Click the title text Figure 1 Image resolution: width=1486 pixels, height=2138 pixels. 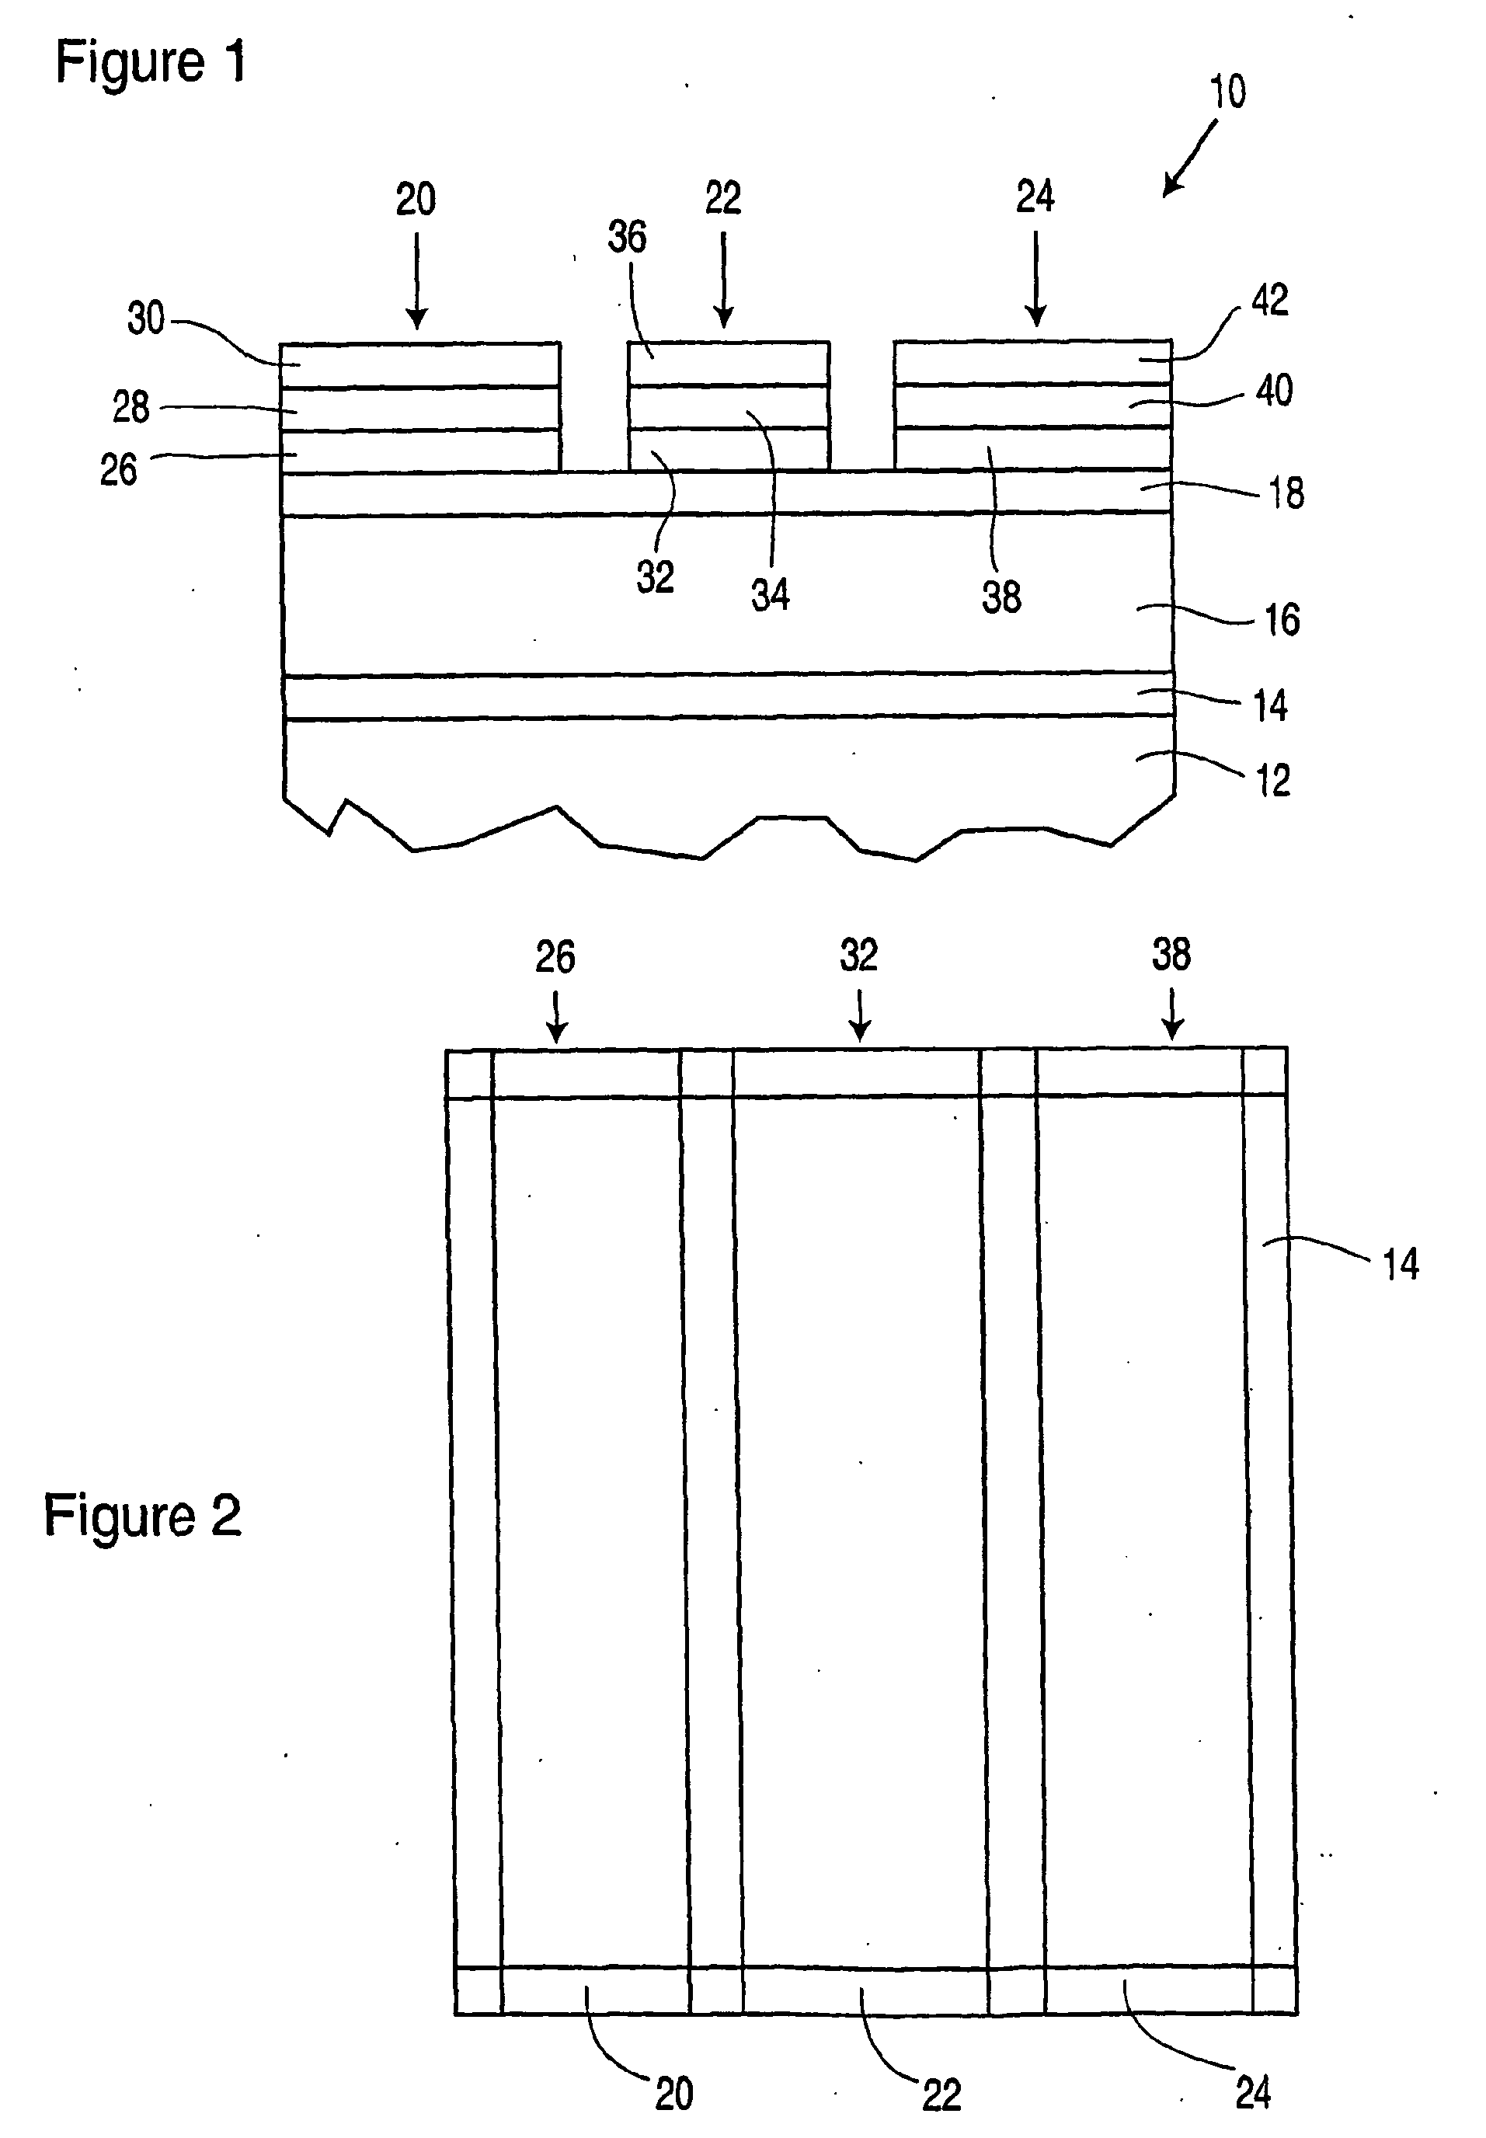[x=151, y=64]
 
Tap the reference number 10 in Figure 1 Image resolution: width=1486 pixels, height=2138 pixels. [x=1227, y=92]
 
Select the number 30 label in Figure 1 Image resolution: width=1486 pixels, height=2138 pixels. [x=145, y=319]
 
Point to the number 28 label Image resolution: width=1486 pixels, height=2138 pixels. [x=131, y=408]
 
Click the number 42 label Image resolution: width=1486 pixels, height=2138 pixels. [x=1270, y=301]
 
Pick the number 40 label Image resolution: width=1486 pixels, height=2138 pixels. [x=1274, y=390]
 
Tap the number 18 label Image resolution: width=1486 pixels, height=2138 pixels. [x=1286, y=493]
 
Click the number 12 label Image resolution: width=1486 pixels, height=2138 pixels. [x=1274, y=780]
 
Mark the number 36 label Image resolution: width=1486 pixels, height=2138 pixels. [x=627, y=238]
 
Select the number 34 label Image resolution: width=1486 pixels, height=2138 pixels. [x=770, y=595]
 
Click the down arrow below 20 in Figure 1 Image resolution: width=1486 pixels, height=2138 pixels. [x=416, y=280]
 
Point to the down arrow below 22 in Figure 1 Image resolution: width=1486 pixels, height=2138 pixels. [x=723, y=280]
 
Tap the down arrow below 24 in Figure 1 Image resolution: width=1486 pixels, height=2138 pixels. [x=1035, y=280]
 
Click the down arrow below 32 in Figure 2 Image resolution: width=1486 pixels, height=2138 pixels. [x=859, y=1014]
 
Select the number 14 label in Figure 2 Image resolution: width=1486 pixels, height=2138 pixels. [x=1400, y=1265]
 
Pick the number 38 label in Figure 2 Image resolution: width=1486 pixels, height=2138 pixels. [x=1171, y=956]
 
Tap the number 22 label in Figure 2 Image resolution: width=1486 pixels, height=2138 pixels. [x=941, y=2094]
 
